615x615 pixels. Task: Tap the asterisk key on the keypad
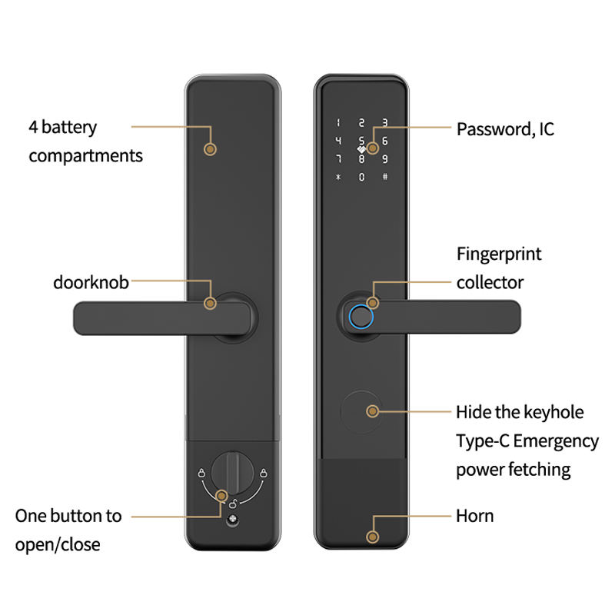(337, 178)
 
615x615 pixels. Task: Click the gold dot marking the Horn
(373, 537)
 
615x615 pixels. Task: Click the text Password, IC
(505, 128)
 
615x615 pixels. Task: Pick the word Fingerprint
(499, 254)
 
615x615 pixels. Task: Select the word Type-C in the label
(482, 441)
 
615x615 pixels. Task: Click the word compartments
(85, 156)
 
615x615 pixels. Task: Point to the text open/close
(57, 545)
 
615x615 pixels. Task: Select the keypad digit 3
(384, 122)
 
